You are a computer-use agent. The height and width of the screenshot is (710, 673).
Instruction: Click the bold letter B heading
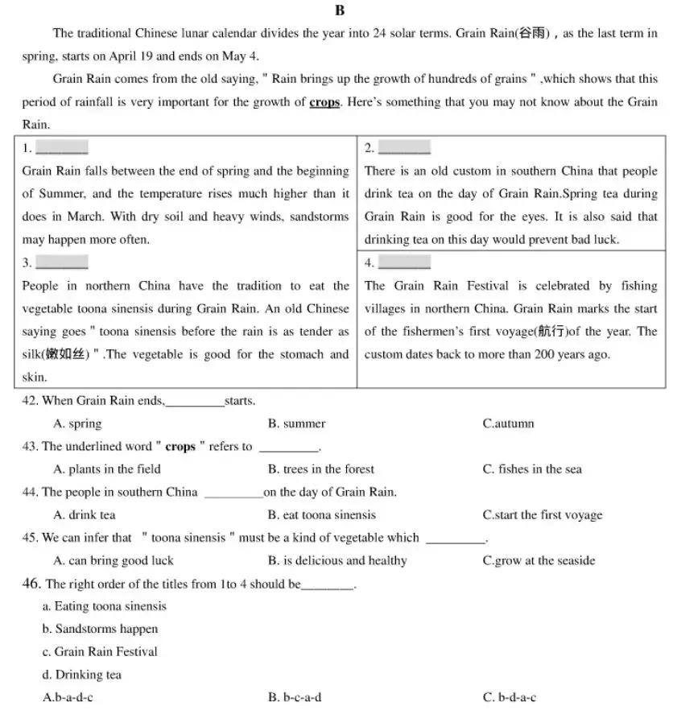[338, 10]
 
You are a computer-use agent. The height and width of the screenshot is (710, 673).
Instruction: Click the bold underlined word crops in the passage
[324, 102]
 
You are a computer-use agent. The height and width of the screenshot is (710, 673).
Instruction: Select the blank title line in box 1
[62, 148]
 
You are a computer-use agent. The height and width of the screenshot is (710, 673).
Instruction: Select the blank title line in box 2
[404, 148]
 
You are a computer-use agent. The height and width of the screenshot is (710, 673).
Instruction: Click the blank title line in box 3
[62, 262]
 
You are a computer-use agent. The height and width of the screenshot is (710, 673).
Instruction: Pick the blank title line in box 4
[404, 262]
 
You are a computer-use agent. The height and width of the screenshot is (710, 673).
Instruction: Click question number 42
[30, 400]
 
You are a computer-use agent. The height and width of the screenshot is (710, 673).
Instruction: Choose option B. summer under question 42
[296, 423]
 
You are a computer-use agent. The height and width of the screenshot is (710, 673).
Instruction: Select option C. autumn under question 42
[508, 423]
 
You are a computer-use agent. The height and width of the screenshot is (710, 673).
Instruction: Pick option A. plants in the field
[106, 469]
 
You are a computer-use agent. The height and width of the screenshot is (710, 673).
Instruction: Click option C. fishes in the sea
[531, 469]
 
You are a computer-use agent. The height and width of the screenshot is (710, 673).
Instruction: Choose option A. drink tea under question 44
[84, 515]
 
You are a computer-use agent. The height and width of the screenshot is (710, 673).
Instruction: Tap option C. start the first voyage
[542, 515]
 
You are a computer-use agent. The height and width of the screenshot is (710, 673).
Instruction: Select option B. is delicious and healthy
[337, 561]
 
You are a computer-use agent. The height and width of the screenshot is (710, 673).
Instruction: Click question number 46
[31, 584]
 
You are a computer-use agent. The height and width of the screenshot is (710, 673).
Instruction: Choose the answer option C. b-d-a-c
[509, 697]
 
